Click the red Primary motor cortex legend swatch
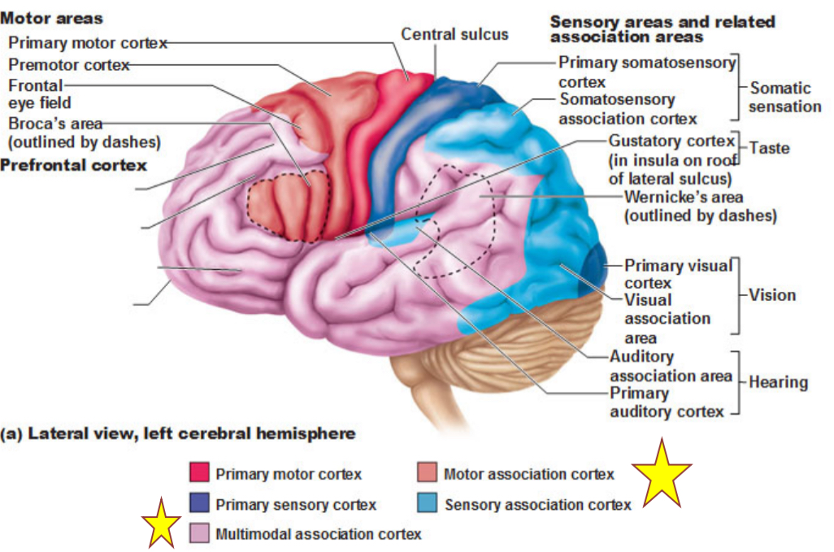click(199, 472)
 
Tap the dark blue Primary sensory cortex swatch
click(199, 504)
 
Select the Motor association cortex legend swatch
click(428, 472)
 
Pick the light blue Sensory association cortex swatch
click(428, 504)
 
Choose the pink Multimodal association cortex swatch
click(199, 534)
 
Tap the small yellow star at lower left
click(160, 523)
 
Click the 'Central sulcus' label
click(454, 34)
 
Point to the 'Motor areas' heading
click(51, 18)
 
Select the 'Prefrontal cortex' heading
click(74, 165)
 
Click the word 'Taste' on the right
click(769, 148)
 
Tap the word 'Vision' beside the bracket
click(772, 294)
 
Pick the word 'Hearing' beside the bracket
click(778, 381)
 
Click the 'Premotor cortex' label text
click(69, 65)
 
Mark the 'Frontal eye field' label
click(40, 94)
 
